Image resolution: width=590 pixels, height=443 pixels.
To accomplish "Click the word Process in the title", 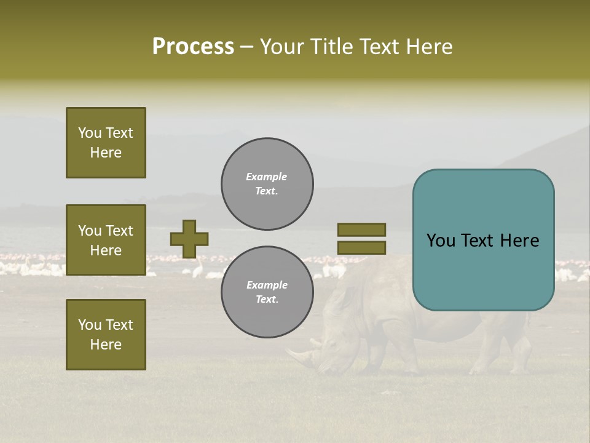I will point(193,47).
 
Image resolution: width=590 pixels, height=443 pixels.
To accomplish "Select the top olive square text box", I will point(106,143).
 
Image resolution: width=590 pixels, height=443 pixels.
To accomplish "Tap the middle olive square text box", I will point(106,240).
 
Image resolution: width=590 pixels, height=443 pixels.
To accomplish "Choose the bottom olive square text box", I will point(106,335).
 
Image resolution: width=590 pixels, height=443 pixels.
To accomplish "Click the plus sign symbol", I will point(189,239).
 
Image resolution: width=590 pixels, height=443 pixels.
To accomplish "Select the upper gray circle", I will point(267,184).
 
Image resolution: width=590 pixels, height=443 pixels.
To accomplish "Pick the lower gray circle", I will point(267,292).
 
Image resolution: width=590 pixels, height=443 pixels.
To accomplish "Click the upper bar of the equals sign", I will point(361,229).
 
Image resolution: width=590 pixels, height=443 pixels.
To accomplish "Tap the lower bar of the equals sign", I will point(361,247).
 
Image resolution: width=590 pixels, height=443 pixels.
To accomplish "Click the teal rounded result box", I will point(483,240).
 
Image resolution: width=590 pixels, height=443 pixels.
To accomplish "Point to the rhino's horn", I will point(297,355).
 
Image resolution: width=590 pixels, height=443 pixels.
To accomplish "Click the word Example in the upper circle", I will point(267,177).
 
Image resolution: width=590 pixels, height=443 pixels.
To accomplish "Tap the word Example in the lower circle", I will point(267,285).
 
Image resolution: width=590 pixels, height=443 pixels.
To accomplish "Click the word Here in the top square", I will point(106,153).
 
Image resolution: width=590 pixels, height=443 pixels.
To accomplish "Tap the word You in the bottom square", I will point(89,325).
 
